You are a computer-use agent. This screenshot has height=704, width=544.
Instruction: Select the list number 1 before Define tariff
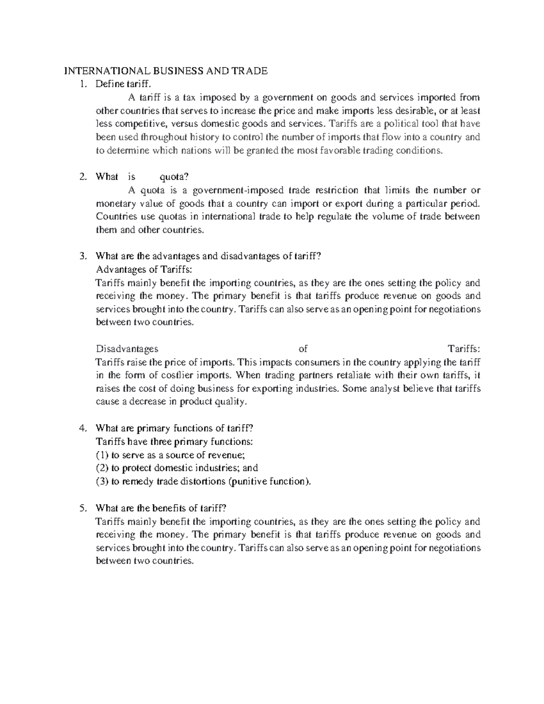82,84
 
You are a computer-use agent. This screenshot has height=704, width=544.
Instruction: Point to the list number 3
82,257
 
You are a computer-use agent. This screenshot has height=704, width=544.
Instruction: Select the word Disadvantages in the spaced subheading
127,349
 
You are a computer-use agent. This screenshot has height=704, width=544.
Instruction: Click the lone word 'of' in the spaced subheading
303,349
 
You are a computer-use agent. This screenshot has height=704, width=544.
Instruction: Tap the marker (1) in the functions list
102,455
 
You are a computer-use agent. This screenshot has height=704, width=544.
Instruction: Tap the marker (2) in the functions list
102,468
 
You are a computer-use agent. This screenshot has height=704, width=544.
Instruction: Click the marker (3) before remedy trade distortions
102,481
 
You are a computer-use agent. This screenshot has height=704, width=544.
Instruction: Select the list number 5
82,508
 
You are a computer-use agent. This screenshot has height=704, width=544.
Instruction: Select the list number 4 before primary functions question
82,428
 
